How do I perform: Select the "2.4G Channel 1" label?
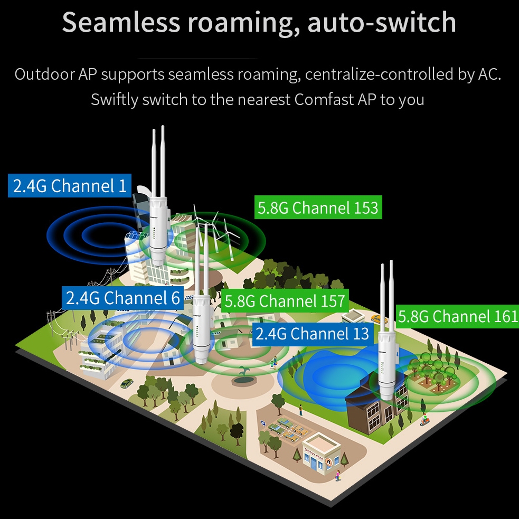click(x=70, y=186)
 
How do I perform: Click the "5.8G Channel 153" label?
click(x=317, y=207)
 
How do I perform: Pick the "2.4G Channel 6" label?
click(x=123, y=298)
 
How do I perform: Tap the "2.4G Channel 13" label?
click(x=313, y=334)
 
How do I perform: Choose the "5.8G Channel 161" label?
click(x=457, y=317)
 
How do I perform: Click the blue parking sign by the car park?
click(x=262, y=423)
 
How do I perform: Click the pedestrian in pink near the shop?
click(x=337, y=475)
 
